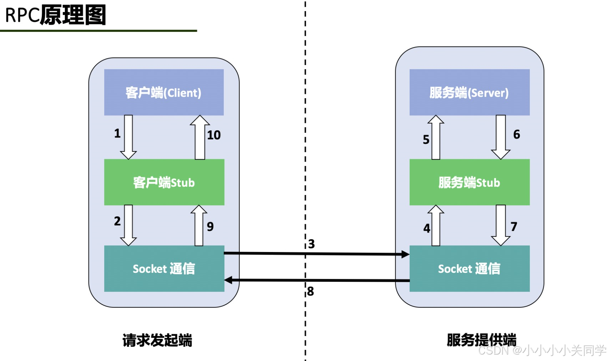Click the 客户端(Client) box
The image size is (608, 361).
(x=164, y=92)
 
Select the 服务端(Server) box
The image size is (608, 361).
(x=469, y=92)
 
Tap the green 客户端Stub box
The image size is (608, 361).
(x=164, y=182)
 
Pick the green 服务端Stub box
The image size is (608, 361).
(x=469, y=182)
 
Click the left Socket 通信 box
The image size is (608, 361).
(x=164, y=269)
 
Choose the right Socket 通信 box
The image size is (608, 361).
(x=469, y=269)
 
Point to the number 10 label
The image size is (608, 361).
(x=214, y=135)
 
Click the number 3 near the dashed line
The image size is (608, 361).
(x=311, y=244)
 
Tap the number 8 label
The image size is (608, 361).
(x=310, y=291)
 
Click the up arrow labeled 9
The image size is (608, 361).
(x=199, y=225)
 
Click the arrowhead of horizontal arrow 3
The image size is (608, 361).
(x=405, y=254)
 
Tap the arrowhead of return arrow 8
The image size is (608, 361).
(x=229, y=280)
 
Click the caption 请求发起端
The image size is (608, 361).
(x=157, y=340)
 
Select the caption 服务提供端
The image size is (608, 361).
(x=481, y=340)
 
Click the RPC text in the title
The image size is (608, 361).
(x=22, y=15)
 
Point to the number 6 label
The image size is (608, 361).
(x=516, y=134)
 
